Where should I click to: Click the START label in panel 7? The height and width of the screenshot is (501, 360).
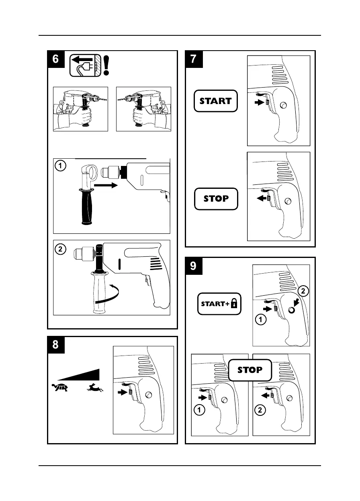(216, 101)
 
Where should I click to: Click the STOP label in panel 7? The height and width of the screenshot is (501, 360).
(216, 198)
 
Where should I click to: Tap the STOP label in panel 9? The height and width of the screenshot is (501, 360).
(250, 370)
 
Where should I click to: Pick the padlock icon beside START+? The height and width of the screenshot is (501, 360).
(234, 304)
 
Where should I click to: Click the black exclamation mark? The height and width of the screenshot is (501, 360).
(106, 65)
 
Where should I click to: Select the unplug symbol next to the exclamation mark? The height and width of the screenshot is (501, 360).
(84, 65)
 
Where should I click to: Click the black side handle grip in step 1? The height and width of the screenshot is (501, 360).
(87, 206)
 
